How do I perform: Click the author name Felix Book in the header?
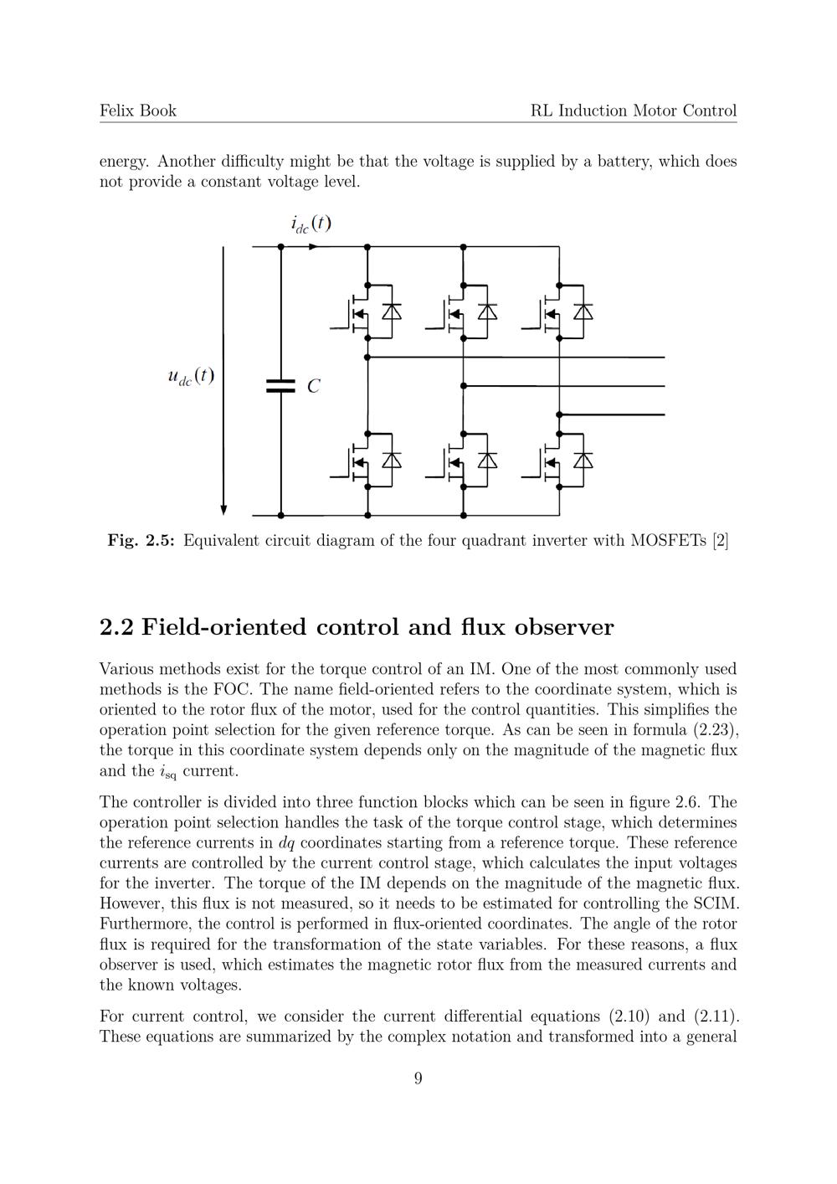(138, 111)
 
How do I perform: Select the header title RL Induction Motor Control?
(634, 111)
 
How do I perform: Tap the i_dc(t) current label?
(311, 224)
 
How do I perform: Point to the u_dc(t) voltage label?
(191, 376)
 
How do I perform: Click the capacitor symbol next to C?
(280, 385)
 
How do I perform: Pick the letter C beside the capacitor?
(313, 387)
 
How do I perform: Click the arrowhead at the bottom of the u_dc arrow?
(223, 510)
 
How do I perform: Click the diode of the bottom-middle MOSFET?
(487, 460)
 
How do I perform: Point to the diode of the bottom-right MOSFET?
(583, 460)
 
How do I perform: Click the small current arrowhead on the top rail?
(313, 247)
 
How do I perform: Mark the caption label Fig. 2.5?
(141, 541)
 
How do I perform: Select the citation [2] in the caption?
(720, 541)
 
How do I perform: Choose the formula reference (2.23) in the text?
(715, 729)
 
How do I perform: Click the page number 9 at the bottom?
(418, 1078)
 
